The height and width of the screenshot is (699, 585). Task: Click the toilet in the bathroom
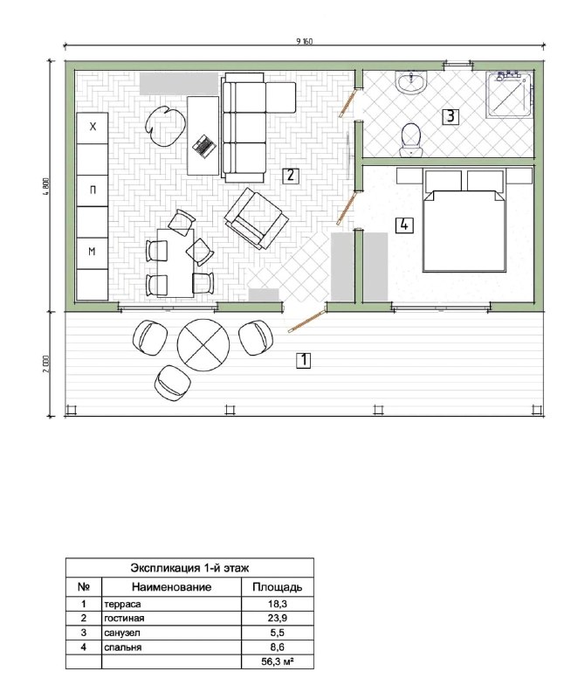410,141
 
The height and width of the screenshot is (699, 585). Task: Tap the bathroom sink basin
410,83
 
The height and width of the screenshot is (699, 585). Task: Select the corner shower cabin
510,94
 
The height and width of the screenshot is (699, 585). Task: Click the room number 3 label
450,117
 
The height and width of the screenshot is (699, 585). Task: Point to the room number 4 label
404,225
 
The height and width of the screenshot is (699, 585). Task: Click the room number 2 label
290,175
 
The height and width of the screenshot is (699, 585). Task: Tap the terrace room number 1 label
304,360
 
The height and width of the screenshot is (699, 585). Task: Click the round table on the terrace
203,344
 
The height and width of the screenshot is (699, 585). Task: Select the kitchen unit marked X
93,128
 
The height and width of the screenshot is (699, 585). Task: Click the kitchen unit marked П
93,190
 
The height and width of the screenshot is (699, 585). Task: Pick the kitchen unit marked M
93,253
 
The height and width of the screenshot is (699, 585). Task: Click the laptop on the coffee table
204,145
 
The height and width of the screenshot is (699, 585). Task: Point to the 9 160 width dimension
305,41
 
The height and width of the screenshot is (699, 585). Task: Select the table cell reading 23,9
278,618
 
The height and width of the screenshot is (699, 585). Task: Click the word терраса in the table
122,605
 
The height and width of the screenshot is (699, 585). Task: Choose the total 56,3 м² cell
278,662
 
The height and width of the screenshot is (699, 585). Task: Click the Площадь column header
277,587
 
